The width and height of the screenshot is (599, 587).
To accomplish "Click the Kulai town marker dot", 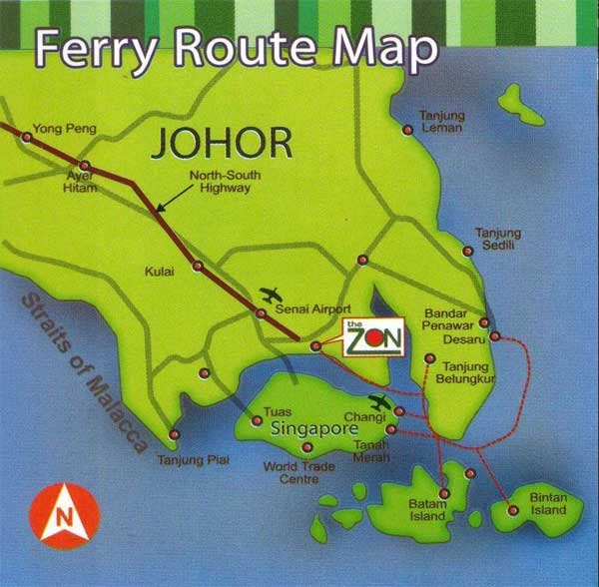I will [x=198, y=266].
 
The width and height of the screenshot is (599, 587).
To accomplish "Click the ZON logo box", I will [x=373, y=338].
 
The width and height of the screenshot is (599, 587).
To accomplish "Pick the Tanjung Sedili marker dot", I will [x=467, y=251].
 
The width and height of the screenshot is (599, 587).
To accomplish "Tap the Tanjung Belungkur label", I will [x=471, y=372].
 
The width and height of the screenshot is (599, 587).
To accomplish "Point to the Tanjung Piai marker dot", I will [x=175, y=434].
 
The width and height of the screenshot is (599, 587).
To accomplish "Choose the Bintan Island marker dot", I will [x=513, y=510].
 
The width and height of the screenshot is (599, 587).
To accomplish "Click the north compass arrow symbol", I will [x=65, y=515].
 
